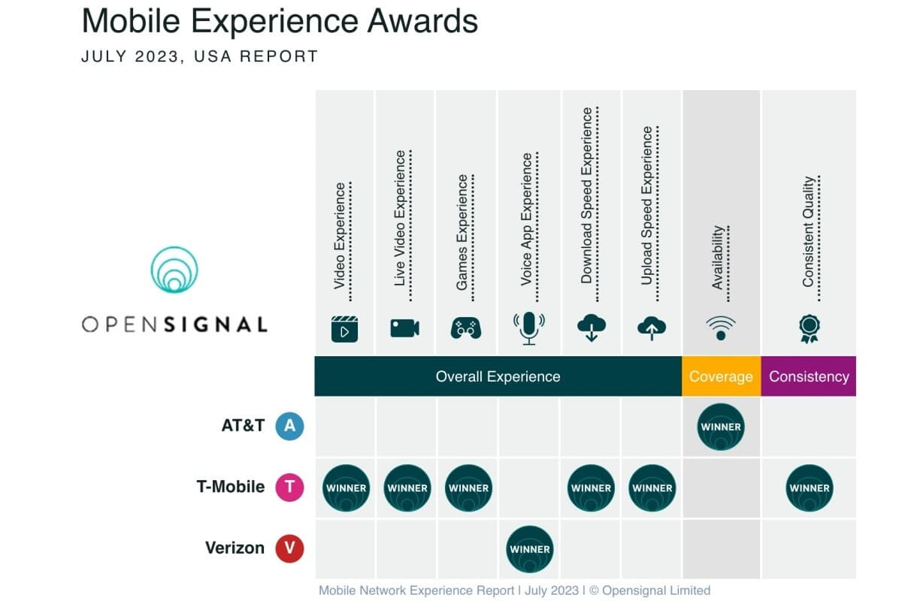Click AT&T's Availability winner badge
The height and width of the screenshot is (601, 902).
pyautogui.click(x=721, y=427)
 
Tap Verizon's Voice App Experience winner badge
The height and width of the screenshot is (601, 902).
pyautogui.click(x=530, y=549)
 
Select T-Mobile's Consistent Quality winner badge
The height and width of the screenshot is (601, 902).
pyautogui.click(x=810, y=488)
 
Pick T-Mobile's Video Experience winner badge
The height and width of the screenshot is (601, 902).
pyautogui.click(x=346, y=488)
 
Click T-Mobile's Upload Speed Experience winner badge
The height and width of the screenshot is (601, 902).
pyautogui.click(x=652, y=488)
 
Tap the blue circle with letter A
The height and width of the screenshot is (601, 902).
pyautogui.click(x=289, y=426)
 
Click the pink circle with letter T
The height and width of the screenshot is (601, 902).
pyautogui.click(x=289, y=488)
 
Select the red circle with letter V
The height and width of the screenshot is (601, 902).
pyautogui.click(x=289, y=548)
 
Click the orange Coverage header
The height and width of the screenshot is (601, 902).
pyautogui.click(x=721, y=376)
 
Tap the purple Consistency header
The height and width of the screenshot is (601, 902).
pyautogui.click(x=809, y=376)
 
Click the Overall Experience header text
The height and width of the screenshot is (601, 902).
pyautogui.click(x=498, y=376)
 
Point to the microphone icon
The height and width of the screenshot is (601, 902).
pyautogui.click(x=529, y=328)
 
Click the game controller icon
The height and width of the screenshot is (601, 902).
pyautogui.click(x=466, y=328)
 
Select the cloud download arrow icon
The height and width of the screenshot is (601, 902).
pyautogui.click(x=592, y=328)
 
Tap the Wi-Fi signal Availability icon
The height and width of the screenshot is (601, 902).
pyautogui.click(x=721, y=328)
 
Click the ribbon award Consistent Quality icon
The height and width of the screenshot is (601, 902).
pyautogui.click(x=810, y=328)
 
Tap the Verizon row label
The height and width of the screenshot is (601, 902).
pyautogui.click(x=235, y=548)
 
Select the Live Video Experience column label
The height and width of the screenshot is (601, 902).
pyautogui.click(x=401, y=218)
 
